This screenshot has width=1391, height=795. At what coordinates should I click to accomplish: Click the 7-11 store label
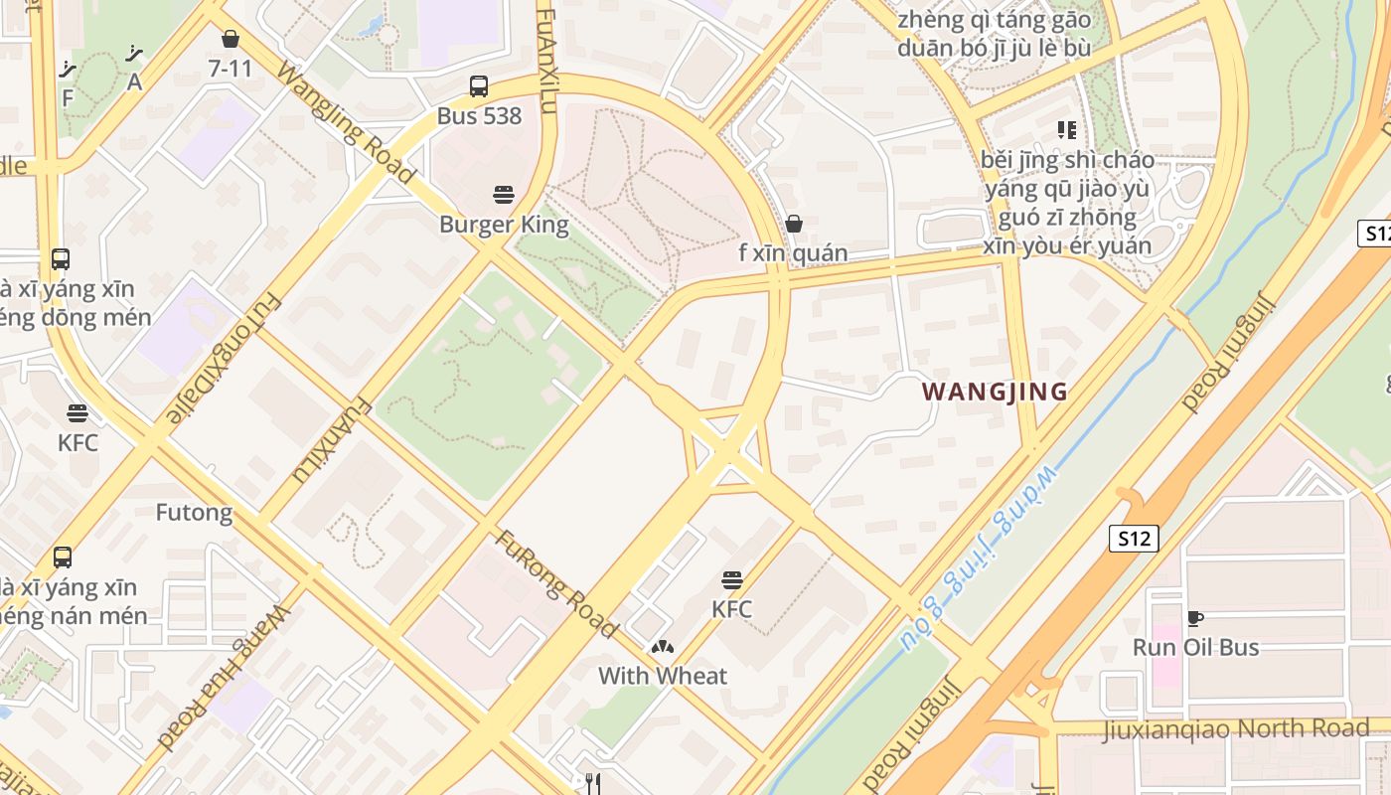coord(231,69)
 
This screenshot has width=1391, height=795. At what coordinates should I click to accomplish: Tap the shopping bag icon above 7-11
coord(231,39)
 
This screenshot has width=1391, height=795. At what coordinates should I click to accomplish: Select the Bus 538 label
coord(479,115)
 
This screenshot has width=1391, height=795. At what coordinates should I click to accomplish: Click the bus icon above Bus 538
coord(479,86)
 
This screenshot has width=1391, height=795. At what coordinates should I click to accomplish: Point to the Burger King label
coord(504,224)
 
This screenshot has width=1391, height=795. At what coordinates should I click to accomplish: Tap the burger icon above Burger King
coord(504,195)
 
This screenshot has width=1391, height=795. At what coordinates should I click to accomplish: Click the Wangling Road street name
coord(345,122)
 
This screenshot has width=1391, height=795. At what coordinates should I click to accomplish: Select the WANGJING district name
coord(995,392)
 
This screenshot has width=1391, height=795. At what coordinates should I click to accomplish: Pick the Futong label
coord(194,513)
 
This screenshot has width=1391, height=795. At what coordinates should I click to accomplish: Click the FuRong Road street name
coord(556,584)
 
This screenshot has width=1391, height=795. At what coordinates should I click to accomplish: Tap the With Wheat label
coord(662,676)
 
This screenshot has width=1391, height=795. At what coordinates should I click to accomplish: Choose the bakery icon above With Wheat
coord(662,647)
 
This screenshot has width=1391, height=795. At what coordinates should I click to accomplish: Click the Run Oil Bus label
coord(1195,647)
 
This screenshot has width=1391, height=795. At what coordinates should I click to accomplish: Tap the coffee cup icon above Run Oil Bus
coord(1195,618)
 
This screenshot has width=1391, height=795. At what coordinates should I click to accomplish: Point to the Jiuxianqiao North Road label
coord(1236,728)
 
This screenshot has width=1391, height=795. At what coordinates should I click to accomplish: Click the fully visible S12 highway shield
coord(1133,539)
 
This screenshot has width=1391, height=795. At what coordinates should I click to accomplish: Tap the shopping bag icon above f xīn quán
coord(793,224)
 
